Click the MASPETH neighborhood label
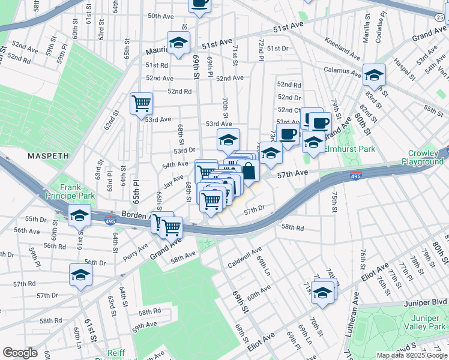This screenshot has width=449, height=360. pyautogui.click(x=49, y=155)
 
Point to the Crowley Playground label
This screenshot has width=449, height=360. pyautogui.click(x=423, y=158)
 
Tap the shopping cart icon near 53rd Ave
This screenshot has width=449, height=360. pyautogui.click(x=142, y=103)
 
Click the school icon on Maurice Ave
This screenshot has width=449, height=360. pyautogui.click(x=178, y=42)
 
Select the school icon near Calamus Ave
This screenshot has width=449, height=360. pyautogui.click(x=374, y=74)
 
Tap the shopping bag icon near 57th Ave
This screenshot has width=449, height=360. pyautogui.click(x=248, y=170)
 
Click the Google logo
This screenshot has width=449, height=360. pyautogui.click(x=20, y=353)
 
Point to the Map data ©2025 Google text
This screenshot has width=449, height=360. pyautogui.click(x=411, y=355)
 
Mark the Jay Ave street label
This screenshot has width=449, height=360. pyautogui.click(x=174, y=180)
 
